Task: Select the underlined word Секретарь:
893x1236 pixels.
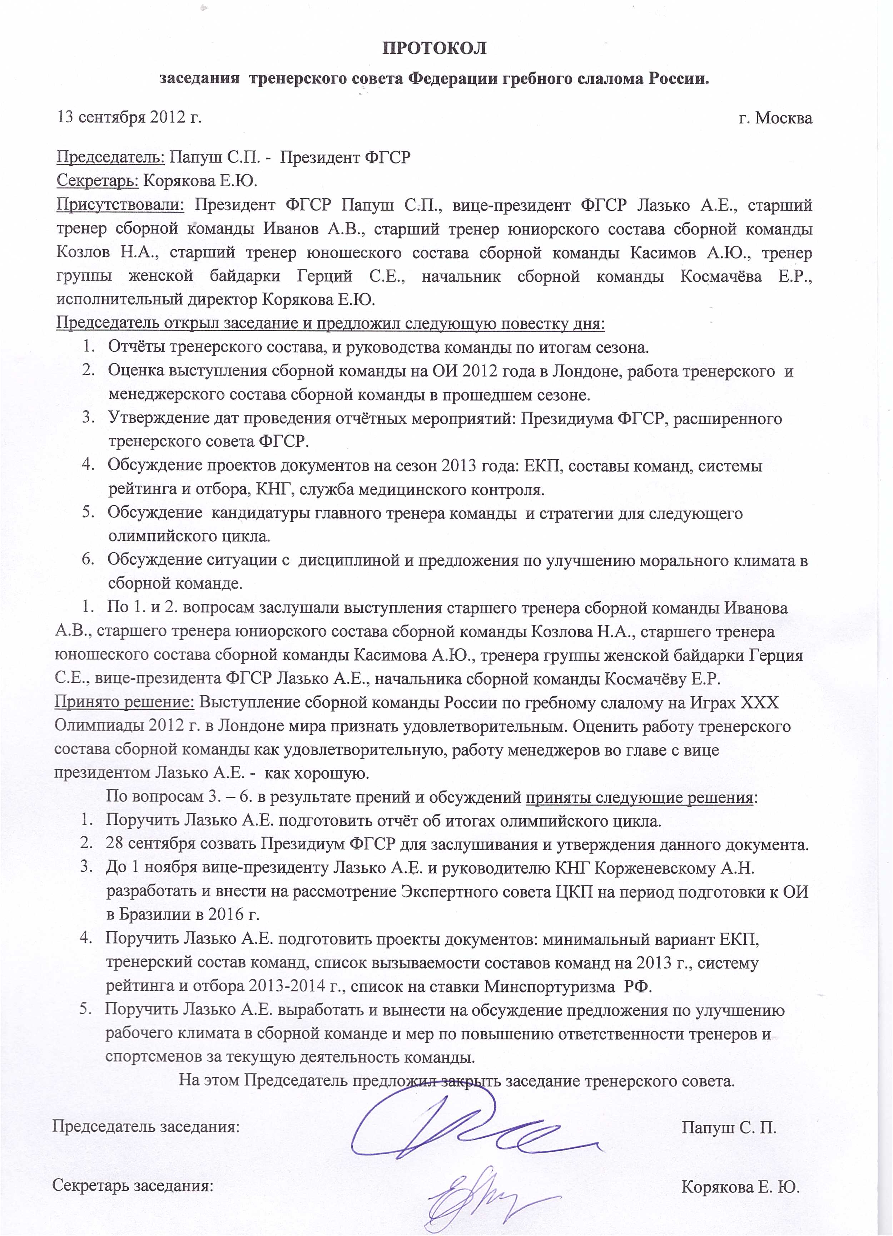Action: click(x=98, y=181)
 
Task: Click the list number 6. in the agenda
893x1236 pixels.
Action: click(x=88, y=560)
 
